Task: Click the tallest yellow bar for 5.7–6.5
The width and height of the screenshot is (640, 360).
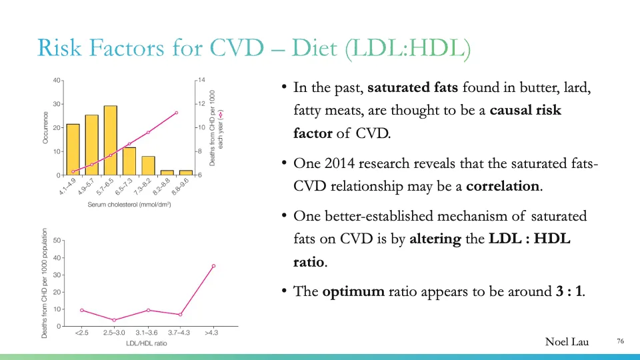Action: coord(110,140)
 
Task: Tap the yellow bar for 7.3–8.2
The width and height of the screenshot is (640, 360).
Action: coord(148,165)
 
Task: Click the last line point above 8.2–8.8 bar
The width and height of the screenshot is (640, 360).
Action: coord(176,113)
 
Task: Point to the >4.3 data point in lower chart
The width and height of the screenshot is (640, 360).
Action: coord(213,266)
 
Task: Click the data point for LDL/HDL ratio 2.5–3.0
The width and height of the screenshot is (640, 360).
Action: coord(114,320)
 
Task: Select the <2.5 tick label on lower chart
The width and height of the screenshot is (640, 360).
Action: coord(81,333)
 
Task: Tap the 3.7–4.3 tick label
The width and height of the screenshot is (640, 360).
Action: coord(180,333)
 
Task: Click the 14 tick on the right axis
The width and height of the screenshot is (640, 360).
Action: coord(201,80)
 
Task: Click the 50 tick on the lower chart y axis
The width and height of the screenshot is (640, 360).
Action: coord(57,240)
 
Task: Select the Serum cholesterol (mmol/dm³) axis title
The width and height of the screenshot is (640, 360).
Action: coord(129,204)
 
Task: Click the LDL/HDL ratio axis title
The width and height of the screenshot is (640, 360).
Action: coord(147,343)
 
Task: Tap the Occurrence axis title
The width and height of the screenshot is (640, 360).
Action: coord(45,127)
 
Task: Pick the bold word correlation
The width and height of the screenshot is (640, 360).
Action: coord(503,186)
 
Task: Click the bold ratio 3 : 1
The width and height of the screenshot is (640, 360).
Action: coord(569,292)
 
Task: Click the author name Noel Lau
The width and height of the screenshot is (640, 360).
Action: coord(567,342)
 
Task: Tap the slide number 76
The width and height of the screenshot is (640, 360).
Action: coord(620,341)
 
